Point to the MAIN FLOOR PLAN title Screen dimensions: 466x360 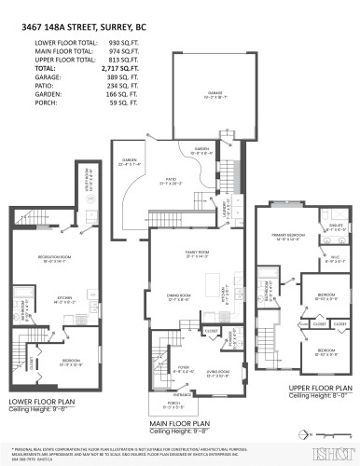point(185,423)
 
